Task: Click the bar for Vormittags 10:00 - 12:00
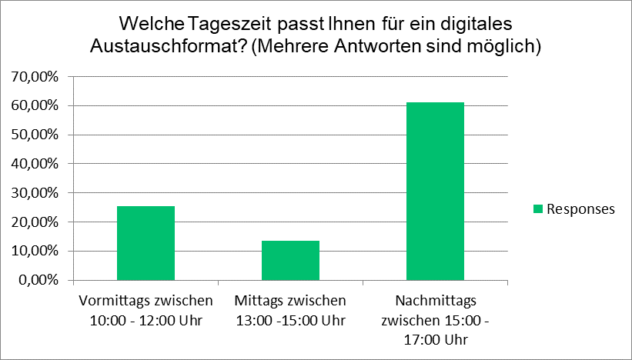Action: (x=145, y=242)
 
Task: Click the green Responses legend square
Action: (x=538, y=208)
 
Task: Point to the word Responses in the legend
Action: (x=580, y=208)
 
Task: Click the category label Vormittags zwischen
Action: (x=145, y=300)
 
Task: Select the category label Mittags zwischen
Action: (x=290, y=300)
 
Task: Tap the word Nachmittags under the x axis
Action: (x=436, y=300)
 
